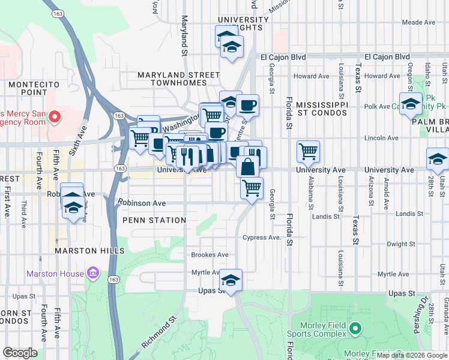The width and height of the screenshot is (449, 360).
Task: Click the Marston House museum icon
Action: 92,274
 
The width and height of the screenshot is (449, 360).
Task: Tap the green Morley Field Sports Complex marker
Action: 355,328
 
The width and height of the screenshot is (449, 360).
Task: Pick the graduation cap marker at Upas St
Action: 231,280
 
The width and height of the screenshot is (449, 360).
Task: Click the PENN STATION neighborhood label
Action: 154,220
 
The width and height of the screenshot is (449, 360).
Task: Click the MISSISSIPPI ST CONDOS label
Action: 322,108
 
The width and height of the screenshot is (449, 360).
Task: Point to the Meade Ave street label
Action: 418,22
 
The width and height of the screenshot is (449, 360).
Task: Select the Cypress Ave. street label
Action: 262,238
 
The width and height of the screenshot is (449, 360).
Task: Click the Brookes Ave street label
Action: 209,255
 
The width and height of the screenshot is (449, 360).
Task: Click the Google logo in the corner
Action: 20,353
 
